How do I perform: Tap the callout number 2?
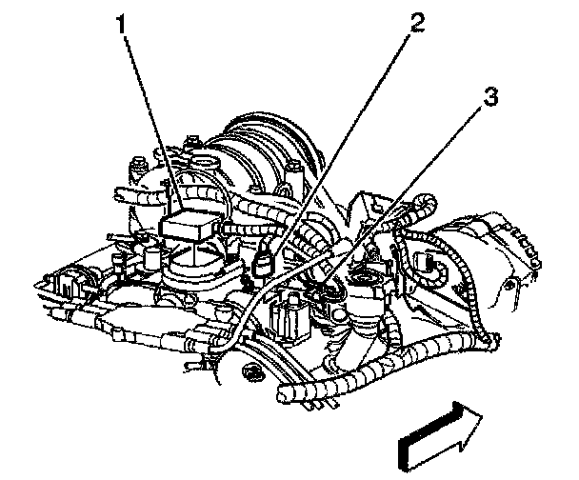[x=411, y=24]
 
